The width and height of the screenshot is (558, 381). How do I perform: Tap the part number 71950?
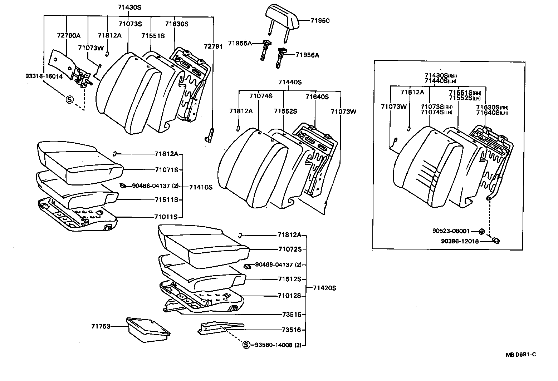click(320, 21)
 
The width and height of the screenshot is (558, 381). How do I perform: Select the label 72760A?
click(69, 35)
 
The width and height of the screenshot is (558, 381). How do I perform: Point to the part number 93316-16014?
click(44, 76)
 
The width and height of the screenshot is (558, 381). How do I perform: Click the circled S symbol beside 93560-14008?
click(246, 345)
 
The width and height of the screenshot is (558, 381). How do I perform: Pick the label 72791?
click(213, 46)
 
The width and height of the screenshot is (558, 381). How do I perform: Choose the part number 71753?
click(101, 326)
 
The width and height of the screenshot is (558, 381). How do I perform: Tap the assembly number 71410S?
click(201, 187)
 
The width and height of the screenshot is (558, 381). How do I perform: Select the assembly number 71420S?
click(324, 288)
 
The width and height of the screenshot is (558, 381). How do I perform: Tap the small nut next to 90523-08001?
click(481, 232)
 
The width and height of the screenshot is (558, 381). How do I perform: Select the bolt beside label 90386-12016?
click(496, 241)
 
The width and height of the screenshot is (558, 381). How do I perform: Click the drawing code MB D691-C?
click(521, 355)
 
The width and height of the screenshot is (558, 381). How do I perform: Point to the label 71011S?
click(166, 217)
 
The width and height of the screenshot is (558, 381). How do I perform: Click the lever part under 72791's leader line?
click(209, 136)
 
